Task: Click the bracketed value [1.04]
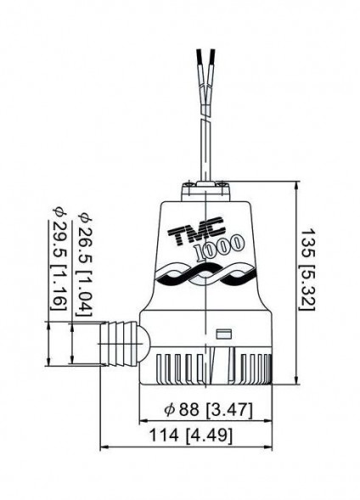(x=82, y=290)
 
